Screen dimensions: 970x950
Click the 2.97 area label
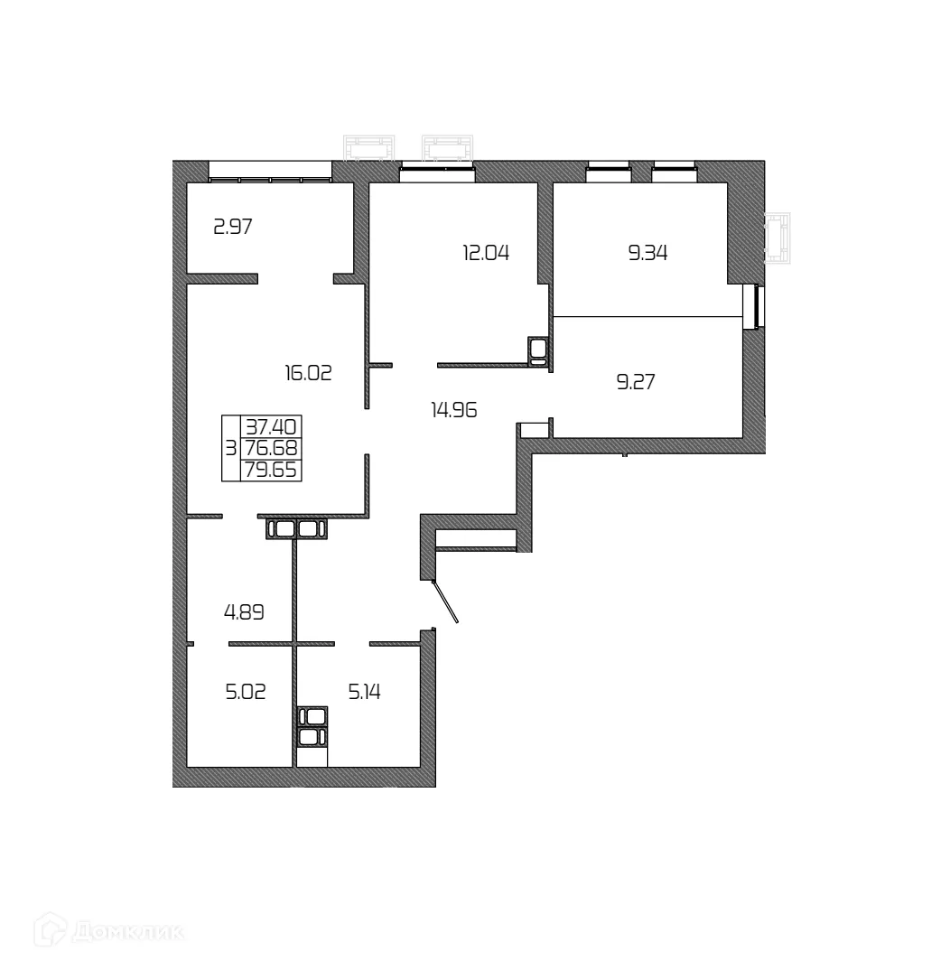232,227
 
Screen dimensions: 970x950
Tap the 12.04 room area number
486,253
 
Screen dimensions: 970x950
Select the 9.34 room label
647,253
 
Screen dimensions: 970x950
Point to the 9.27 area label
635,382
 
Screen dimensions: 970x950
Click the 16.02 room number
308,372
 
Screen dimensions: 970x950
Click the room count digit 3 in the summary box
231,448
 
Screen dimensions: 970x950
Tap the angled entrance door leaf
446,602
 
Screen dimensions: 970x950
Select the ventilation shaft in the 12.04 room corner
539,351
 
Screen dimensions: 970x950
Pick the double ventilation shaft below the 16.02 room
296,529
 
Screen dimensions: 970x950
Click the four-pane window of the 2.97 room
270,172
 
